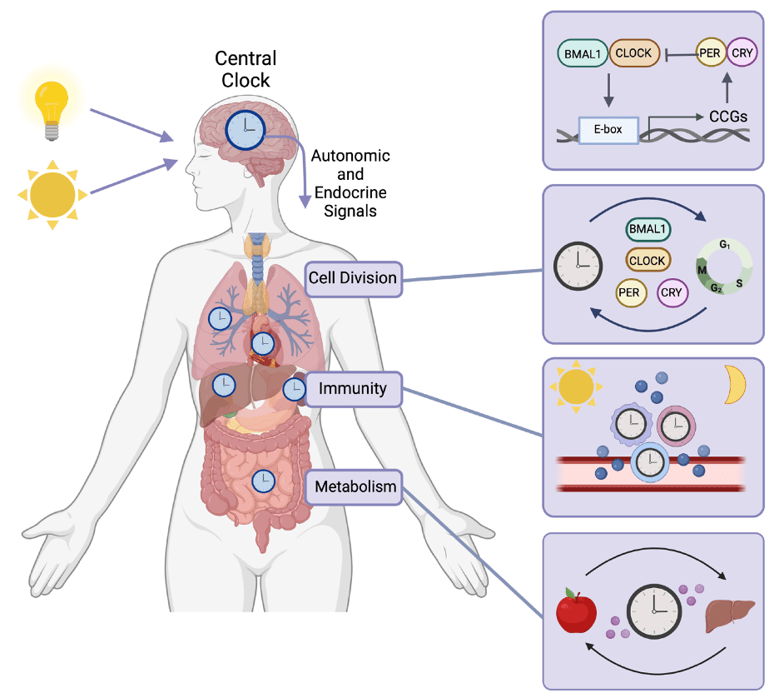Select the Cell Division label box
pyautogui.click(x=353, y=277)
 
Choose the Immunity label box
pyautogui.click(x=353, y=388)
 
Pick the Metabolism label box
pyautogui.click(x=353, y=486)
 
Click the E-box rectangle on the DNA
pyautogui.click(x=608, y=131)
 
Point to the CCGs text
pyautogui.click(x=728, y=117)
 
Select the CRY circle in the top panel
pyautogui.click(x=741, y=53)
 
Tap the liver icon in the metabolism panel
pyautogui.click(x=730, y=616)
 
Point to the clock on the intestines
pyautogui.click(x=264, y=481)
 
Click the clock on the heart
pyautogui.click(x=263, y=342)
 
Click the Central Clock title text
pyautogui.click(x=246, y=69)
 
